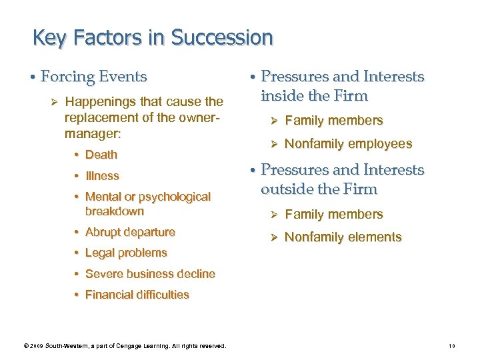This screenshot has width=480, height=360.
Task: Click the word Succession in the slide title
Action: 222,37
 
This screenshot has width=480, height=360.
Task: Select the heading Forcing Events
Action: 93,77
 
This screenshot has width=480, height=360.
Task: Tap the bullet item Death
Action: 101,155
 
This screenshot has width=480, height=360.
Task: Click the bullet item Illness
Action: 102,176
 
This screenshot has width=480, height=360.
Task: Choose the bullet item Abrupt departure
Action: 130,232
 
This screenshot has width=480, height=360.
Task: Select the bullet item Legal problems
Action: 126,253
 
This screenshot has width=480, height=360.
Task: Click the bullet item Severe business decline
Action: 150,274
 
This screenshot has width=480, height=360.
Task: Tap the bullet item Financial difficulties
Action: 137,295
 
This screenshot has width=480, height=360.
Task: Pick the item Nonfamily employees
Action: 348,144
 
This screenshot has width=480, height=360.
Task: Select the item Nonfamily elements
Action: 343,237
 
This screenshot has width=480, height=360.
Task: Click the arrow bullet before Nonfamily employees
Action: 272,144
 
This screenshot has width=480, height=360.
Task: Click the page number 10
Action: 451,345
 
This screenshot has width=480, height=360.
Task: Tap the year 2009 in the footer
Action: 35,345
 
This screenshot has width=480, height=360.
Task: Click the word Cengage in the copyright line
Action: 134,345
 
